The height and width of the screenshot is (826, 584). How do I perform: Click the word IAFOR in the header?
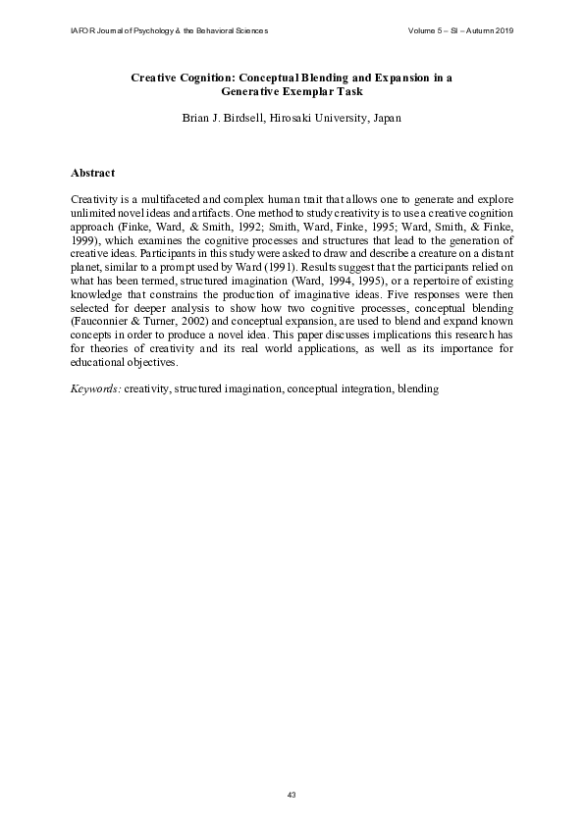(x=82, y=31)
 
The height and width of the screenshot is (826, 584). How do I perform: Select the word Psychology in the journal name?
(x=146, y=31)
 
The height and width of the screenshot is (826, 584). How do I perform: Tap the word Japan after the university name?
(x=382, y=118)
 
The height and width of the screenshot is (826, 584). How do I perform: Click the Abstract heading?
(x=93, y=174)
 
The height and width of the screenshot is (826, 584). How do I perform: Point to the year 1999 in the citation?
(x=87, y=237)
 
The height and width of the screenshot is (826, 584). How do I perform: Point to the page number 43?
(x=292, y=794)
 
